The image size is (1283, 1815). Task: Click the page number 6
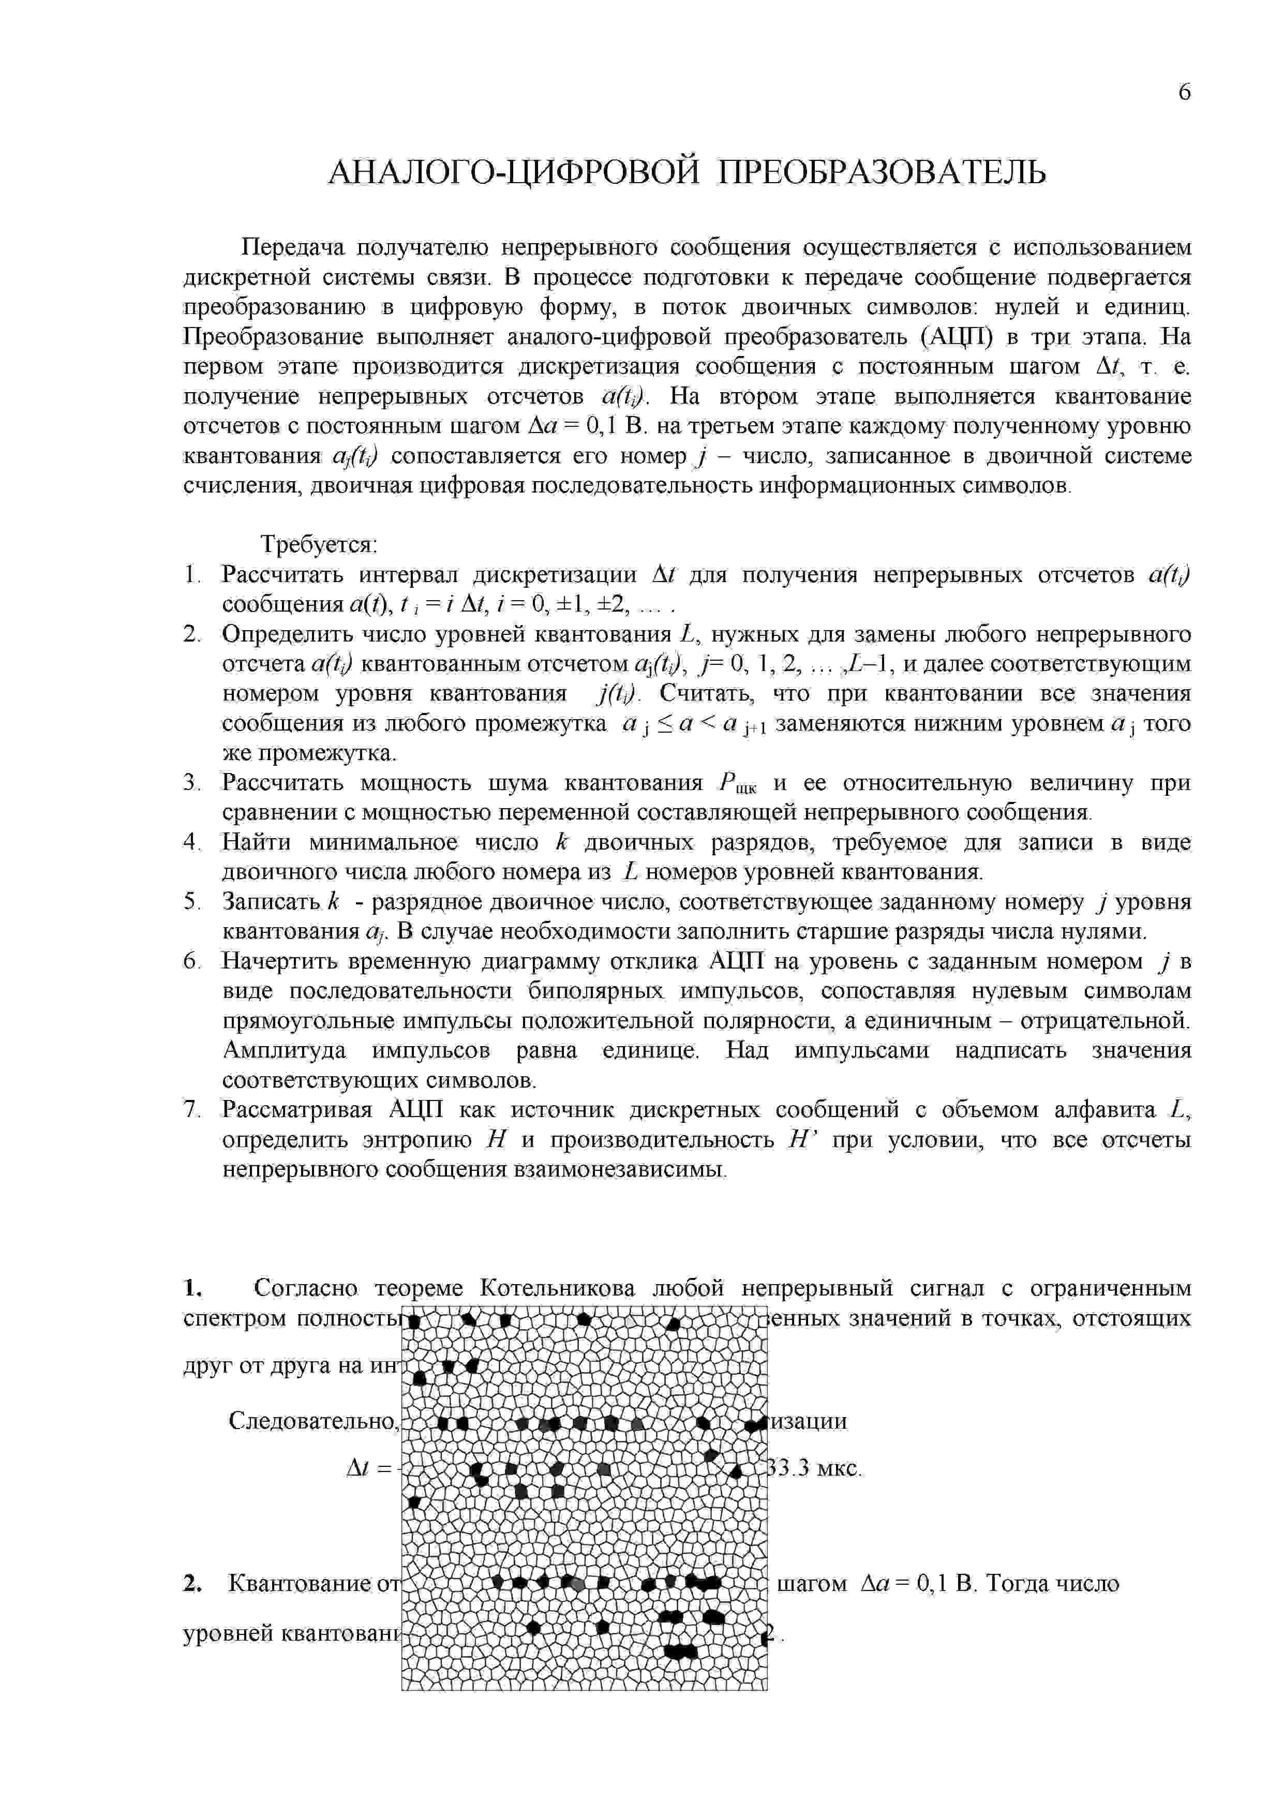click(x=1183, y=93)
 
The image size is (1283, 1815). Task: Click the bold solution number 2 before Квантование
click(x=192, y=1583)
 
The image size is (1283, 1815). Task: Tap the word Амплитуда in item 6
click(x=284, y=1051)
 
